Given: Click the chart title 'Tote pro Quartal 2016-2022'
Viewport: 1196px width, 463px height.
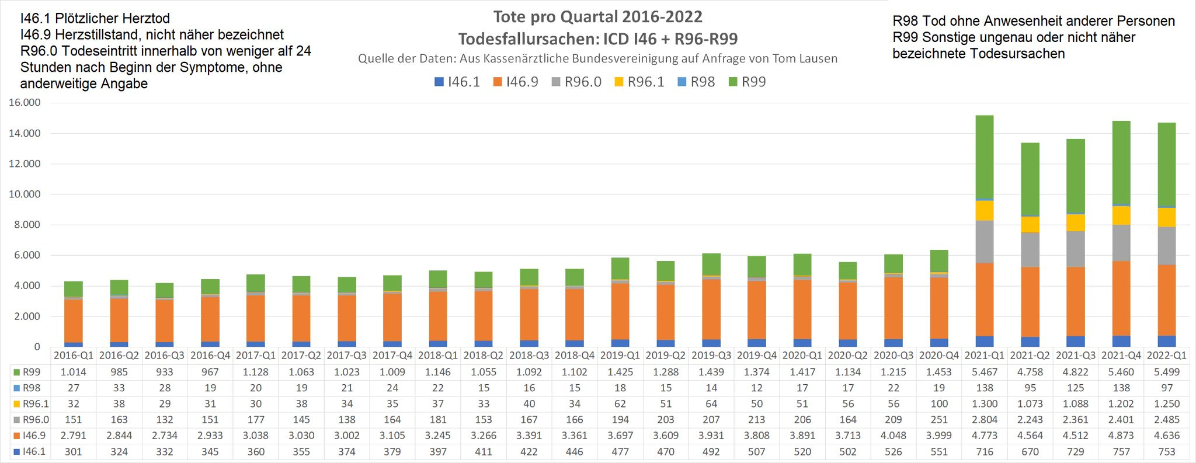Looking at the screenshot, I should pyautogui.click(x=597, y=17).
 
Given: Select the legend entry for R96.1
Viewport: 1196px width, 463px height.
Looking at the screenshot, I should pyautogui.click(x=639, y=82).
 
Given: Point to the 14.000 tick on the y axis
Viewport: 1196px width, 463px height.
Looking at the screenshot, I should pyautogui.click(x=25, y=133).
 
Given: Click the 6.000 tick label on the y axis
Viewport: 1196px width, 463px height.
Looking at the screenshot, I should pyautogui.click(x=25, y=255).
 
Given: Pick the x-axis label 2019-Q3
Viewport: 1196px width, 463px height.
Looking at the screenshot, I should pyautogui.click(x=711, y=355).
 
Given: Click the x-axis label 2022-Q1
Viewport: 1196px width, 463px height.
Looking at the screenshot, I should pyautogui.click(x=1167, y=355).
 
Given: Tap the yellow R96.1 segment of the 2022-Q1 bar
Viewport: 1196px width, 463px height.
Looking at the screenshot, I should pyautogui.click(x=1167, y=217).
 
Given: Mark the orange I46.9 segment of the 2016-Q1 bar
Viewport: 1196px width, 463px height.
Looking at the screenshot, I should pyautogui.click(x=74, y=321).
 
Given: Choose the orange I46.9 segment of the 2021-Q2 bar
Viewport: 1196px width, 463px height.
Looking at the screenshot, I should pyautogui.click(x=1030, y=302).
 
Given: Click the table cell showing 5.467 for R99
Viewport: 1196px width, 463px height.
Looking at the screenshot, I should pyautogui.click(x=985, y=372).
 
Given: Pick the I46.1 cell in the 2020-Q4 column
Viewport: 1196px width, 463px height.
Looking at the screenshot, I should pyautogui.click(x=939, y=451).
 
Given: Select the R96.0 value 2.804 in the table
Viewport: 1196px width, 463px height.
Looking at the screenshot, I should pyautogui.click(x=985, y=420).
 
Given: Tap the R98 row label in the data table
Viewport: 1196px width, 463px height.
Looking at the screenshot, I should pyautogui.click(x=31, y=388).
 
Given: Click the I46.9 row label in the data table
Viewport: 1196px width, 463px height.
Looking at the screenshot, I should pyautogui.click(x=33, y=436).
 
